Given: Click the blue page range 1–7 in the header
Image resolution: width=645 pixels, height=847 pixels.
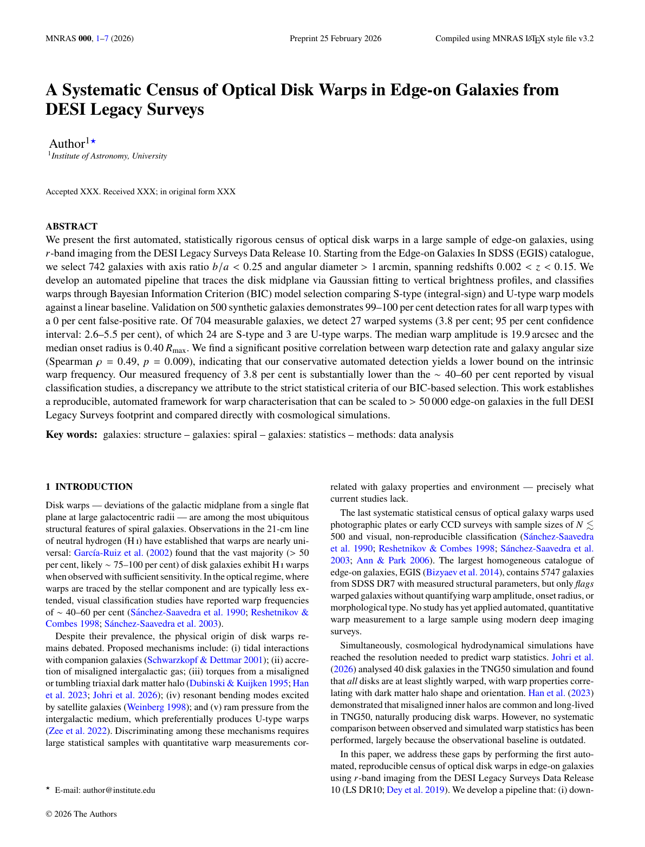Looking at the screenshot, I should point(102,38).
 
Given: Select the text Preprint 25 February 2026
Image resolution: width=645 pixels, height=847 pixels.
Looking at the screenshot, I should point(335,38).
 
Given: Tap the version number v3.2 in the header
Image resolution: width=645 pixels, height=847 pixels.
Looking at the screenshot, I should point(585,38).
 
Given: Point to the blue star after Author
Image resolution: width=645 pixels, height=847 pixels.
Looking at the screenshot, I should point(93,141).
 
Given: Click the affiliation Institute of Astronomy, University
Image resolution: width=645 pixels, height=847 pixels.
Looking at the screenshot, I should point(109,156).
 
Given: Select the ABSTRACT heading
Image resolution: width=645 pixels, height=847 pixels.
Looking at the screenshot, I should point(71,226).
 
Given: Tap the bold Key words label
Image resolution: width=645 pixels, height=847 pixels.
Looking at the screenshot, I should point(71,435).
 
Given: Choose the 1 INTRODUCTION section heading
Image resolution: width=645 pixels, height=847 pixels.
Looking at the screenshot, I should point(89,487).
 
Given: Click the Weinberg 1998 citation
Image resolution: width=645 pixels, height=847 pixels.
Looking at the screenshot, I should point(157,707).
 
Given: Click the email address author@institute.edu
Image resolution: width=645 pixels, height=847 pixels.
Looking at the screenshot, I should point(119,790).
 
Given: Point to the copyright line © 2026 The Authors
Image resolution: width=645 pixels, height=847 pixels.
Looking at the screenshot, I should point(81,814).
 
